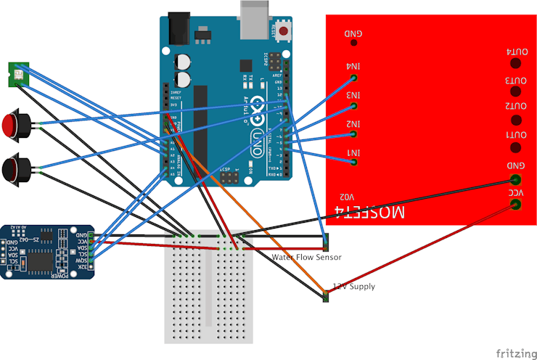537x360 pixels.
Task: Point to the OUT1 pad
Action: [x=516, y=148]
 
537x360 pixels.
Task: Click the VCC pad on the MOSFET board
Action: [x=516, y=205]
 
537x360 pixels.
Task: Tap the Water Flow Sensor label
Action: [x=306, y=258]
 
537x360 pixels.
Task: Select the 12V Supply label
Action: [x=354, y=287]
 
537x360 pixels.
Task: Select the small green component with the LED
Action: [x=17, y=73]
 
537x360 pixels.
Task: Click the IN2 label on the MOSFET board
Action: [x=353, y=124]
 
